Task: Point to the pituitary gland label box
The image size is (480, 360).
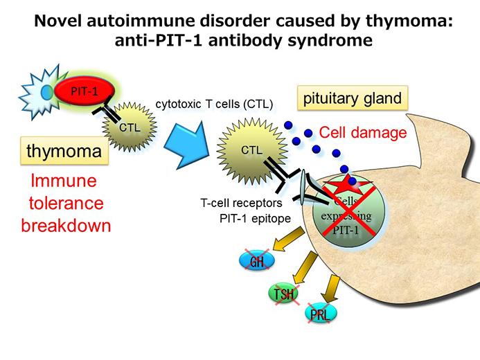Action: point(352,98)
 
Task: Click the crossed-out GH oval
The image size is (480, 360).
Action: point(257,261)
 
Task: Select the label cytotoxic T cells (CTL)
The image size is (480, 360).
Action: point(215,104)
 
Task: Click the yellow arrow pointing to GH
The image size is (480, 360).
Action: point(285,240)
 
